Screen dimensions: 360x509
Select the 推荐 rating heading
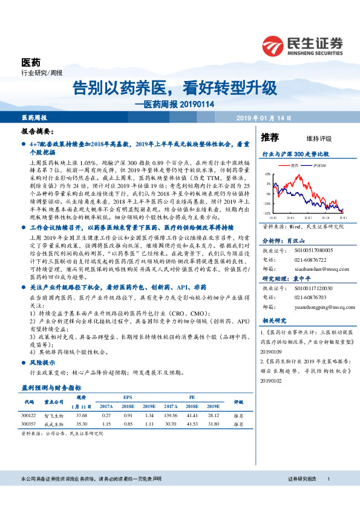point(270,138)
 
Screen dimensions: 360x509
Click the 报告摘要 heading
point(36,131)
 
